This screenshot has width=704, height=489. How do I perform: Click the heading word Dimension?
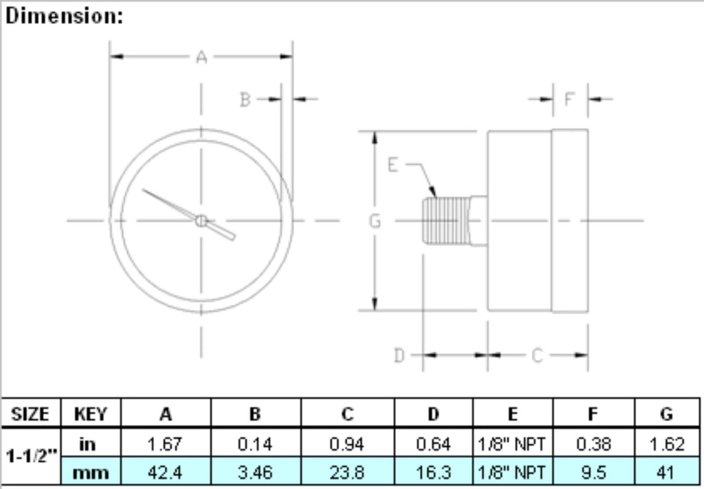[64, 16]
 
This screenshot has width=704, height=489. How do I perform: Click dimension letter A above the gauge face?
[202, 57]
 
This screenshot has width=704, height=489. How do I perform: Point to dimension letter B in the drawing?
[245, 100]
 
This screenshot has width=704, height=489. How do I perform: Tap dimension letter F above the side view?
[569, 99]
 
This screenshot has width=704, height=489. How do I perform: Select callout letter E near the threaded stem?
[392, 165]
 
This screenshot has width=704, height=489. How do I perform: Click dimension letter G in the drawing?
[374, 221]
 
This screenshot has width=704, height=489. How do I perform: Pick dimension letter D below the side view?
[399, 355]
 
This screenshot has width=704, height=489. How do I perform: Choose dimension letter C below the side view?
[537, 355]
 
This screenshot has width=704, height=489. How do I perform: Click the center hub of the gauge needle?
[201, 221]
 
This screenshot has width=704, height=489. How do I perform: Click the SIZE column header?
[30, 414]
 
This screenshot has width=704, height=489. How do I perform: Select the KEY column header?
[91, 414]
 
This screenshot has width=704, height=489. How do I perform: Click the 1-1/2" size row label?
[31, 456]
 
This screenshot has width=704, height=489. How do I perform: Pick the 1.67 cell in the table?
[165, 444]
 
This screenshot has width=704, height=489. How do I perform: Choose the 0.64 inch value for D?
[433, 444]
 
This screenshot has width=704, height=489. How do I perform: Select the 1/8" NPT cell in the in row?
[512, 444]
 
